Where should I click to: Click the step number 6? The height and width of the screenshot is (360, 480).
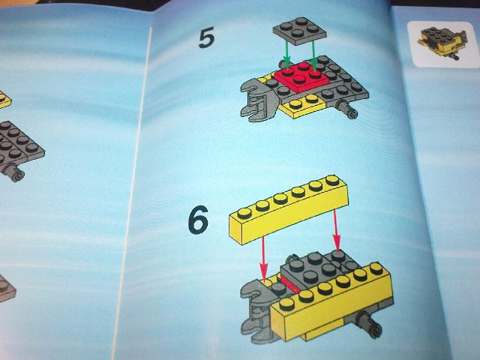point(197,220)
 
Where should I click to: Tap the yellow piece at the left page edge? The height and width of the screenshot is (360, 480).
point(4,98)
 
